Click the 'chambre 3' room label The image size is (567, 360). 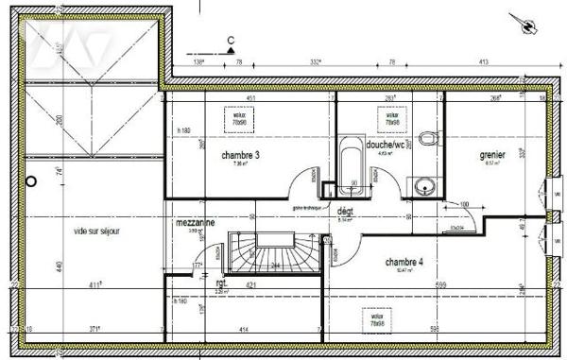coord(241,154)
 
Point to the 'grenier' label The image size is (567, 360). coord(491,154)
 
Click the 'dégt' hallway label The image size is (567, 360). coord(346,214)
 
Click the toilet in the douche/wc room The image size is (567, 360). coord(430,140)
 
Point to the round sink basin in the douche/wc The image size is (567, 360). coord(421,184)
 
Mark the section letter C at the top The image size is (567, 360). coord(231,40)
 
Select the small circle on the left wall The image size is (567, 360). coord(31,180)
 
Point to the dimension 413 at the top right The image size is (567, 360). coord(482,61)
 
